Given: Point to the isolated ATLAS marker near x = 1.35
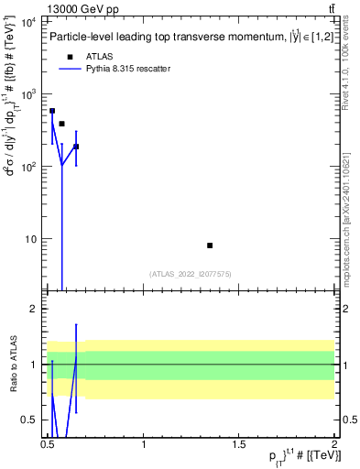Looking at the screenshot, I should (x=210, y=245).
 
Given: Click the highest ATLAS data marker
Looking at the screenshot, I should (x=52, y=111).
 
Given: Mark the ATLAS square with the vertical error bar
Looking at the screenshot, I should (x=76, y=147).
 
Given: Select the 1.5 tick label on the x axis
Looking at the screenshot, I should (x=239, y=444).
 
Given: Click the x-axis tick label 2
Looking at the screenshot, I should (x=333, y=444).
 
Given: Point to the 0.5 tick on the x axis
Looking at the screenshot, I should (x=49, y=444).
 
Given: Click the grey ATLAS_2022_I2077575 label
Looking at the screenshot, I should (x=189, y=273).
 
